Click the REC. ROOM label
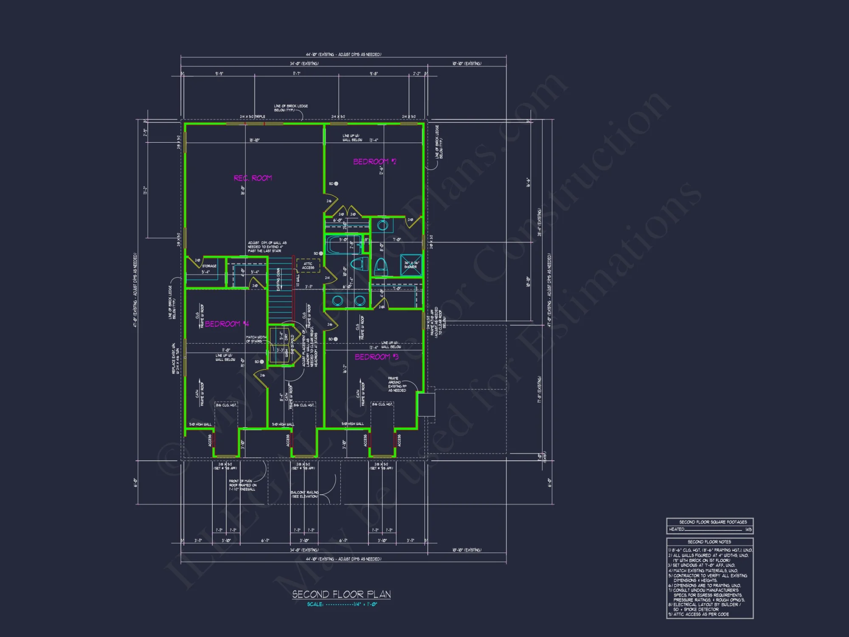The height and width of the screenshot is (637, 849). click(x=253, y=178)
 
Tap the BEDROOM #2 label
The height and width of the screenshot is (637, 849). click(x=374, y=162)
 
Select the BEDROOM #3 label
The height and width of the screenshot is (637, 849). click(x=376, y=357)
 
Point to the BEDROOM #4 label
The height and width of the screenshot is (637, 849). click(x=226, y=324)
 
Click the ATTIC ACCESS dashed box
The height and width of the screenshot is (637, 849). click(x=308, y=265)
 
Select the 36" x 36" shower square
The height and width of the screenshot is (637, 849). click(x=411, y=265)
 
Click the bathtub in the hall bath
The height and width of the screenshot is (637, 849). click(x=343, y=245)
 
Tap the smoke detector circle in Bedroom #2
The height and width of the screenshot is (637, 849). click(x=336, y=184)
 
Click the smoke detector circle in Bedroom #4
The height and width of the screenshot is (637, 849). click(x=261, y=362)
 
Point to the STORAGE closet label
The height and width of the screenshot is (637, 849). click(x=209, y=266)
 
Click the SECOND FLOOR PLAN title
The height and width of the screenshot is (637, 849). click(x=341, y=594)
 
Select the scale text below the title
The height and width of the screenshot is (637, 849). click(x=342, y=604)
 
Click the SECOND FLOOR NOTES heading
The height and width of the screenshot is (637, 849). click(x=709, y=542)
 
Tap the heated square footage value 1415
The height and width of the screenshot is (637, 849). click(x=748, y=530)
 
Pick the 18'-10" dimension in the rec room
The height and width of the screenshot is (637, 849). click(x=254, y=140)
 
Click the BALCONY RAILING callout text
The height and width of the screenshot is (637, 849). click(x=304, y=494)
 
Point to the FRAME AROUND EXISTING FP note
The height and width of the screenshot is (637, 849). click(x=397, y=384)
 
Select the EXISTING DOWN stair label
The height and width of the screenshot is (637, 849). click(x=278, y=279)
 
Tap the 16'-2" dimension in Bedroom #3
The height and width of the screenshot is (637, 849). click(x=345, y=369)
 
